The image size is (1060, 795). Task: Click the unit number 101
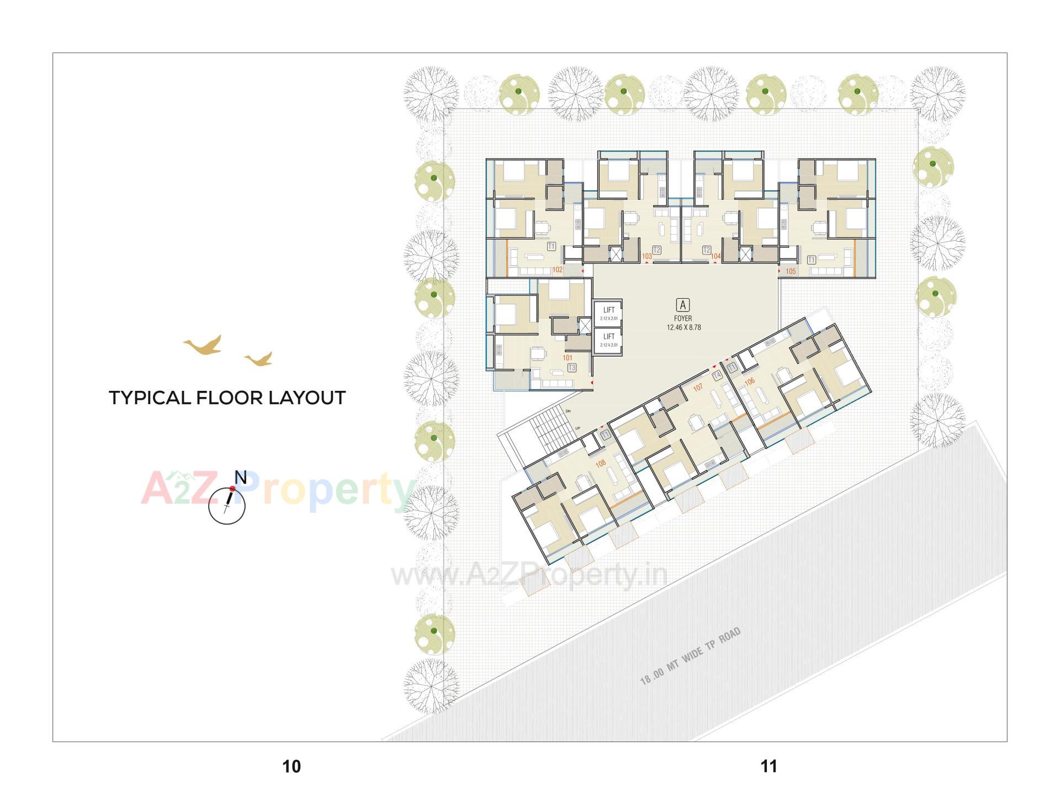(568, 358)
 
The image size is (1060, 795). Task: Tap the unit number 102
(558, 270)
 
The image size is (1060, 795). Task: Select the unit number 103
(647, 256)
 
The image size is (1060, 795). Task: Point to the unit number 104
(715, 256)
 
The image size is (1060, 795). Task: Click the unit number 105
(791, 271)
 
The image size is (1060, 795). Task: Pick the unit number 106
(749, 381)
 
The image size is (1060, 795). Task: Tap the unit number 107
(698, 388)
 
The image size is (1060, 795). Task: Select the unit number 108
(601, 463)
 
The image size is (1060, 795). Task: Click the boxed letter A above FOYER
(683, 305)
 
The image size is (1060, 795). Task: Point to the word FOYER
(683, 319)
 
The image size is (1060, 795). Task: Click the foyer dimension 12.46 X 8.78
(683, 327)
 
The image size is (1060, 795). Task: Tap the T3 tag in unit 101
(572, 368)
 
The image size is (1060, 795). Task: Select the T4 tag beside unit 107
(717, 375)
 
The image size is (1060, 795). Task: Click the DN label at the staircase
(568, 411)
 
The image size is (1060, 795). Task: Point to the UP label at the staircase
(577, 428)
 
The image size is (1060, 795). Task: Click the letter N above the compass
(240, 477)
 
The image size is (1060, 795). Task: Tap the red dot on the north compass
(232, 489)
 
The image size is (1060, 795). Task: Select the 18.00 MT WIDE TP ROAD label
(690, 657)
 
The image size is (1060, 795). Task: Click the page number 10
(291, 766)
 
